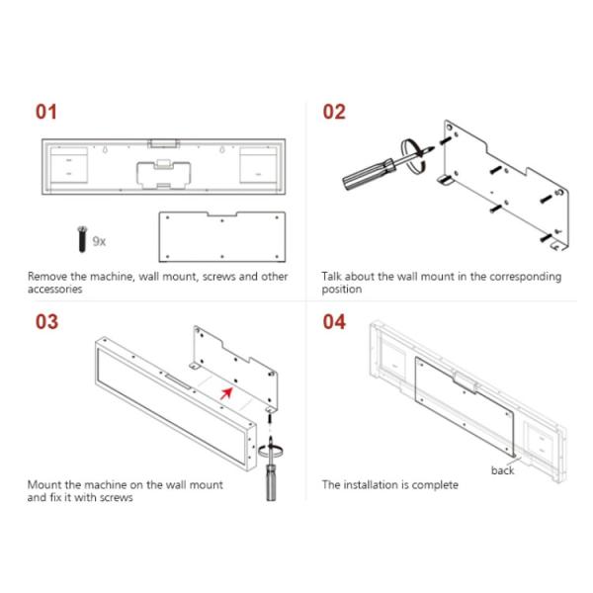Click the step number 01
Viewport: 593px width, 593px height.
coord(46,112)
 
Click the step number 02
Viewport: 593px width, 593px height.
coord(334,112)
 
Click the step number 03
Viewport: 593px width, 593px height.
coord(46,322)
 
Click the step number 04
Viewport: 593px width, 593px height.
coord(334,322)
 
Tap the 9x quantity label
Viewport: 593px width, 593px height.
coord(99,241)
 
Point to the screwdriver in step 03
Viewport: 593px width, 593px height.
coord(267,471)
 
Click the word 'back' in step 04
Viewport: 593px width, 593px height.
coord(502,469)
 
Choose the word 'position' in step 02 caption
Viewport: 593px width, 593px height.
coord(342,290)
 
